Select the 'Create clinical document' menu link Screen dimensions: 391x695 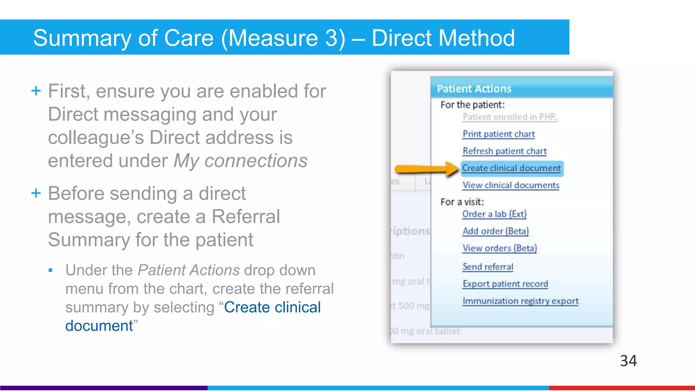(x=511, y=168)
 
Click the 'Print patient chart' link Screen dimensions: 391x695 (x=499, y=134)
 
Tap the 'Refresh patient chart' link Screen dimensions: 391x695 (x=505, y=151)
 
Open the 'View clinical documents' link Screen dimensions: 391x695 (x=511, y=185)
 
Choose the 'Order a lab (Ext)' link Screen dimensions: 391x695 (x=494, y=214)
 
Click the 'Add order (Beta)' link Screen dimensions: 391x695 (x=495, y=231)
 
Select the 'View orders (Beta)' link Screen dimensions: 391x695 (x=500, y=248)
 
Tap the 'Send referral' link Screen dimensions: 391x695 (x=488, y=267)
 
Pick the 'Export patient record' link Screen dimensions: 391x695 (x=505, y=284)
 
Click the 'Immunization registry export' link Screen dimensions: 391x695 (x=520, y=301)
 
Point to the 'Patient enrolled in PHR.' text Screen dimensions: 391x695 (x=510, y=117)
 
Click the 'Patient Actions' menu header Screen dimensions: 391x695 (x=474, y=89)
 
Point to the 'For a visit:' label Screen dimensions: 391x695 (x=462, y=202)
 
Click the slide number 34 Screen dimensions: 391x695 (x=628, y=361)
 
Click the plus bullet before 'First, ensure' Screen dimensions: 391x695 (x=36, y=91)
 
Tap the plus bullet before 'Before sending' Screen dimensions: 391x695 (x=36, y=193)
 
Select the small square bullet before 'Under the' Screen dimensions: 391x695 (x=51, y=271)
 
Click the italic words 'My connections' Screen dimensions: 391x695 (x=240, y=161)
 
